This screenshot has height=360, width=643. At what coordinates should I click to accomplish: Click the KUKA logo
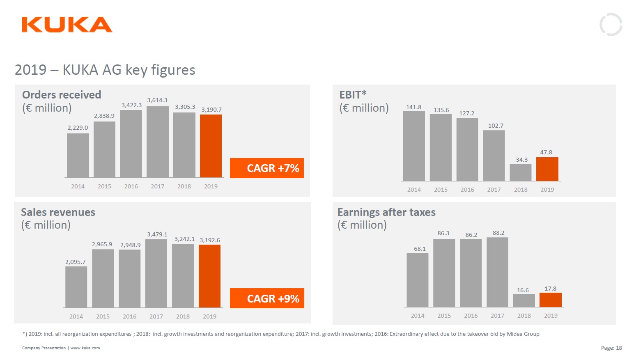tap(67, 25)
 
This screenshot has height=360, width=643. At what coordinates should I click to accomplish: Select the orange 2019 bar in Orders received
tap(211, 146)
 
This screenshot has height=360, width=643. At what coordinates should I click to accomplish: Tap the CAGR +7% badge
tap(267, 168)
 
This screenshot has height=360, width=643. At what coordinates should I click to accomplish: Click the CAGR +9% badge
tap(267, 298)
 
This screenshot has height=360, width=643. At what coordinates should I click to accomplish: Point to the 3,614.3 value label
tap(157, 100)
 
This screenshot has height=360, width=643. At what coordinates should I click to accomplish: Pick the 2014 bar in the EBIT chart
tap(414, 146)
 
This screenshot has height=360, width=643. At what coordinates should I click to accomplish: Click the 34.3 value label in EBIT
tap(522, 160)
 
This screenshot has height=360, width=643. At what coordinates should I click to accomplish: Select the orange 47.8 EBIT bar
tap(547, 169)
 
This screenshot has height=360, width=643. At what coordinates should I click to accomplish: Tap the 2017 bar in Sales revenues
tap(156, 273)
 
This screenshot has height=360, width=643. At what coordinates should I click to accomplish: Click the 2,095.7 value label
tap(76, 262)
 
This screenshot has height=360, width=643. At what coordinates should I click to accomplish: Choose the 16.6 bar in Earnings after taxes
tap(524, 300)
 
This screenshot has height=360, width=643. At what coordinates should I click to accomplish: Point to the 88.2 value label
tap(498, 233)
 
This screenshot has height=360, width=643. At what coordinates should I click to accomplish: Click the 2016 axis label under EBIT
tap(467, 190)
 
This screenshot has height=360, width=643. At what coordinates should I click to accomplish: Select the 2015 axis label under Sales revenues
tap(103, 316)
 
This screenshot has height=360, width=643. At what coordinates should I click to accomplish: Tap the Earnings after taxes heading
tap(386, 212)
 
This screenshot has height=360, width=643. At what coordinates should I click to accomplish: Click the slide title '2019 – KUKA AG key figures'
tap(105, 70)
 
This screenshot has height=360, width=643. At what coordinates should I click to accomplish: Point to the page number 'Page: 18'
tap(611, 348)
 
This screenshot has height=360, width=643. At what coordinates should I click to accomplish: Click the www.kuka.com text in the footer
tap(85, 348)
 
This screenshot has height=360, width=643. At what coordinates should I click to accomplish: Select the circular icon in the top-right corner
tap(611, 25)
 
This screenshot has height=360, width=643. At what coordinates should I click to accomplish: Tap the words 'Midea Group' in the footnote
tap(523, 334)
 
